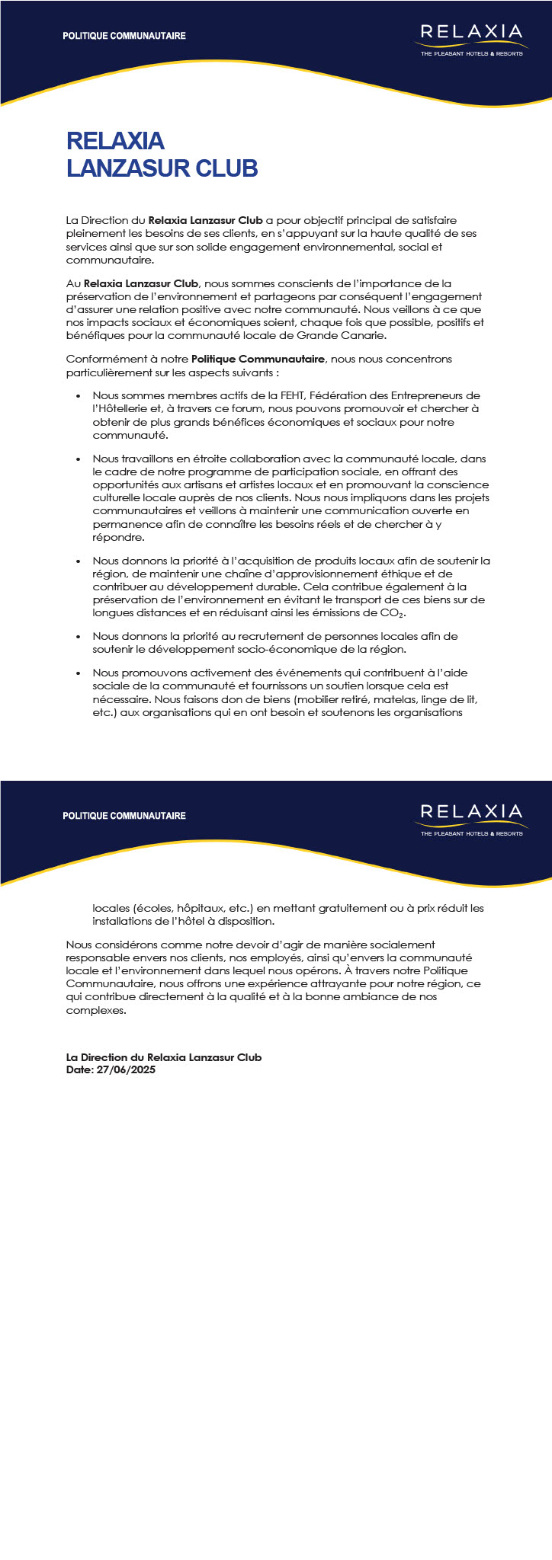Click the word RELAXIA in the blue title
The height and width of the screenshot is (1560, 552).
pyautogui.click(x=115, y=141)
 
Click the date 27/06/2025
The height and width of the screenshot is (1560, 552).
pyautogui.click(x=127, y=1069)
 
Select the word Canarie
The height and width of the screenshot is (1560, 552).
pyautogui.click(x=365, y=335)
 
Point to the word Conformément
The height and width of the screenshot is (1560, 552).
pyautogui.click(x=99, y=359)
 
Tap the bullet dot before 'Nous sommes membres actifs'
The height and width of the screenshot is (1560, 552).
pyautogui.click(x=79, y=396)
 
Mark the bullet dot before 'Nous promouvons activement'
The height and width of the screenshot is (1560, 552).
pyautogui.click(x=79, y=673)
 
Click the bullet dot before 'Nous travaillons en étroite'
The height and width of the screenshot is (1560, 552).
pyautogui.click(x=79, y=459)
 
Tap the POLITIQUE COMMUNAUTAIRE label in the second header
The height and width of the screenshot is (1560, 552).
pyautogui.click(x=124, y=816)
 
